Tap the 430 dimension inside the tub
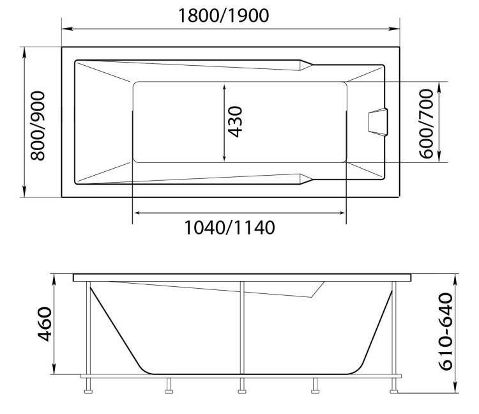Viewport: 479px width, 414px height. click(x=236, y=122)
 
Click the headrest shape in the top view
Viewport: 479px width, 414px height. click(x=378, y=122)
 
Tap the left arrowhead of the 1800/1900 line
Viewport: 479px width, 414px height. click(x=66, y=29)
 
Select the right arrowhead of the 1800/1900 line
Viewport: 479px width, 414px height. click(x=394, y=29)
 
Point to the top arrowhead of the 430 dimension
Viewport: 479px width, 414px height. click(x=224, y=86)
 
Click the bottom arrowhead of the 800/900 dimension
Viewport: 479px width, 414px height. click(x=25, y=193)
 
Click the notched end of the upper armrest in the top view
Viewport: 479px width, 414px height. click(x=305, y=65)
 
